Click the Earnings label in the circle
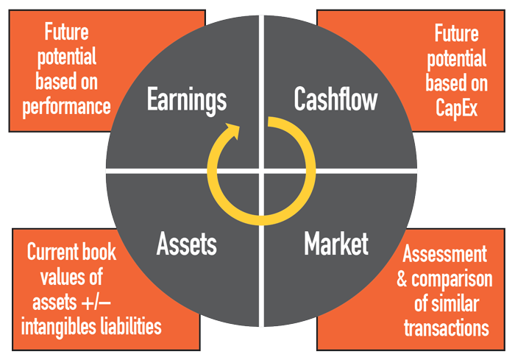(187, 100)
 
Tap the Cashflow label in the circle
(335, 99)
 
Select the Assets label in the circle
(187, 244)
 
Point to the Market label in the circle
(336, 243)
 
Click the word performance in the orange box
(66, 107)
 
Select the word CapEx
(456, 107)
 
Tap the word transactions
(447, 328)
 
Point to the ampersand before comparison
(402, 279)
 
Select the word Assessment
(444, 253)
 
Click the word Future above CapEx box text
(456, 33)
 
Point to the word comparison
(452, 280)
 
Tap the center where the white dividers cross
(261, 171)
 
